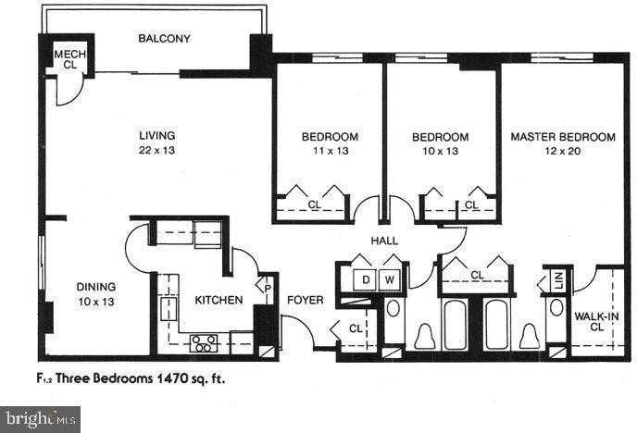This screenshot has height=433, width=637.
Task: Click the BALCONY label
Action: [164, 38]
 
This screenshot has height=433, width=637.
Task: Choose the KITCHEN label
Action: [219, 299]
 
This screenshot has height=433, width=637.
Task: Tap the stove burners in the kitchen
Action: [204, 342]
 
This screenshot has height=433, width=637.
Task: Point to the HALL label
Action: [384, 241]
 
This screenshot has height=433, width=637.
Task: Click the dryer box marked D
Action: [366, 278]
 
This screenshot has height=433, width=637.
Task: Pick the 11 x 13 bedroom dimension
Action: [330, 151]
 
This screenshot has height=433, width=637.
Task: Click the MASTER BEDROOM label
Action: [562, 137]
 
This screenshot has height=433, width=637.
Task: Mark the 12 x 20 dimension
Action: [562, 151]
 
